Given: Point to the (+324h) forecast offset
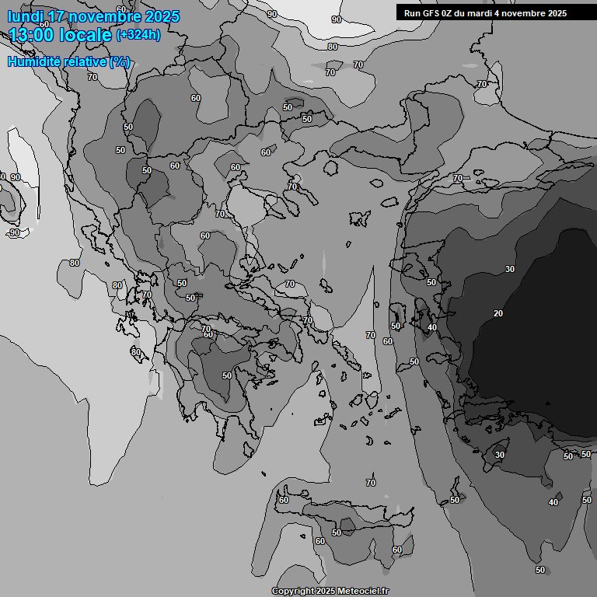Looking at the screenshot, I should (138, 34).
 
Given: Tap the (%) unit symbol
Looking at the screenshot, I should (120, 62).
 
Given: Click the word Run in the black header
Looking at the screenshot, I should (413, 13).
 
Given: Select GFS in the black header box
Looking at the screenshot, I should (432, 13).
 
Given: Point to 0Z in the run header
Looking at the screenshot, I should (449, 13).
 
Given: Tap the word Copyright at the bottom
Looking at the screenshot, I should (292, 591).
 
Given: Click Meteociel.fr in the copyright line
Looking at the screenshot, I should (364, 591).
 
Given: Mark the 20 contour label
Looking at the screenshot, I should (498, 313).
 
